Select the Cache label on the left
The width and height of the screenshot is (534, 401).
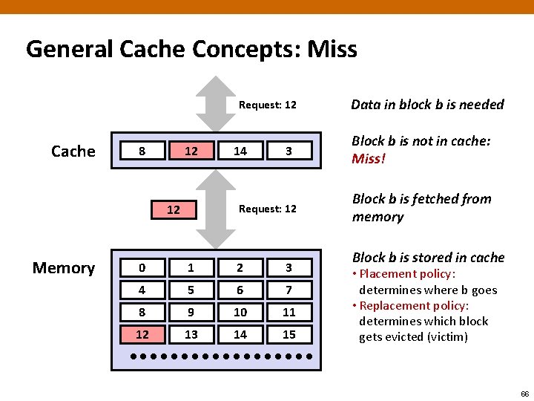tap(73, 151)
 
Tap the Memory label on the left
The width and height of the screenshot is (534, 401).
tap(63, 268)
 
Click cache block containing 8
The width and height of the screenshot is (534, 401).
tap(142, 151)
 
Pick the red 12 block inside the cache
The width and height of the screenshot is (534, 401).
tap(191, 151)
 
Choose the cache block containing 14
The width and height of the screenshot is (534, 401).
tap(240, 151)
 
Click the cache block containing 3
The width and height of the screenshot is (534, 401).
tap(289, 151)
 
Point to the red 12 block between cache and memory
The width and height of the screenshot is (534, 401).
tap(173, 209)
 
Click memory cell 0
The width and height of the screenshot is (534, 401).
tap(142, 267)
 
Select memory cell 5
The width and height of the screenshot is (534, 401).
tap(191, 290)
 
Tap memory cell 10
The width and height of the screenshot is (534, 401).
tap(240, 312)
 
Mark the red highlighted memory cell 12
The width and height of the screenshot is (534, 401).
tap(142, 334)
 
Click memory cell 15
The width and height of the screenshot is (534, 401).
tap(289, 334)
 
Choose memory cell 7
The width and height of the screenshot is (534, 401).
tap(289, 290)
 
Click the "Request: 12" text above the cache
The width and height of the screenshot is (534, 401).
tap(267, 105)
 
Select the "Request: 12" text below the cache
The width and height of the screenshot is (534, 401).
tap(267, 209)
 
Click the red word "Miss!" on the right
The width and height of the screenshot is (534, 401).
tap(369, 159)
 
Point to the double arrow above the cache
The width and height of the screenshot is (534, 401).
tap(214, 103)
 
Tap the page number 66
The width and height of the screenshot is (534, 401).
tap(524, 393)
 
